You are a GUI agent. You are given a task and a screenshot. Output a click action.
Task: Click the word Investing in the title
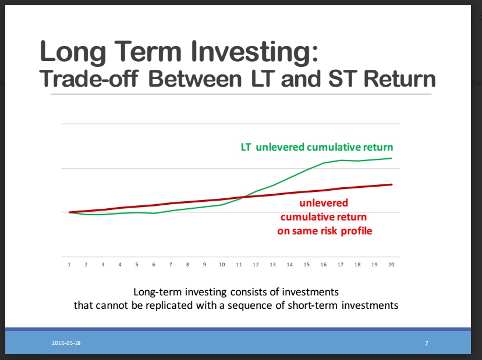tap(254, 52)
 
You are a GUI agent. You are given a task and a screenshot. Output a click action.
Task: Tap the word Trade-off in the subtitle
tap(89, 79)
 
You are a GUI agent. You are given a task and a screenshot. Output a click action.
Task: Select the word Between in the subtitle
tap(195, 79)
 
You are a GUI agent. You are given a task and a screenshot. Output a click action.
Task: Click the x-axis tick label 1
tap(69, 265)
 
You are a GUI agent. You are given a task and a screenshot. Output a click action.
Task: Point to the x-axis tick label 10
tap(222, 265)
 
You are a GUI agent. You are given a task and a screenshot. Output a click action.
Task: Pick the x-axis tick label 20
tap(391, 265)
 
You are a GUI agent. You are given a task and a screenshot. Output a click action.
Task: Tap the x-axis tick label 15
tap(306, 265)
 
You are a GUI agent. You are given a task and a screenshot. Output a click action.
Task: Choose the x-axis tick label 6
tap(154, 265)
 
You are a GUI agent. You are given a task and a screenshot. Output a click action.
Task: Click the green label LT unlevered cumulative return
tap(317, 147)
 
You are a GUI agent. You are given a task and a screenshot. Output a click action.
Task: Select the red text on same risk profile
tap(325, 231)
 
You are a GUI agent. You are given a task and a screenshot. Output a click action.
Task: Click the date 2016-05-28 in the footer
tap(66, 343)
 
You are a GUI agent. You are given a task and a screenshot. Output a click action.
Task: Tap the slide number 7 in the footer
tap(426, 343)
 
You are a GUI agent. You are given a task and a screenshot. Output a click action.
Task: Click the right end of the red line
tap(392, 184)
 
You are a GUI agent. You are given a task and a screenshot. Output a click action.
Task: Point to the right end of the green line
tap(391, 159)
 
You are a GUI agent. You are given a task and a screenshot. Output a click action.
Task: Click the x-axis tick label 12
tap(256, 265)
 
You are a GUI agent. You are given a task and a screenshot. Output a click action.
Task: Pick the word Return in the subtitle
tap(399, 79)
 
